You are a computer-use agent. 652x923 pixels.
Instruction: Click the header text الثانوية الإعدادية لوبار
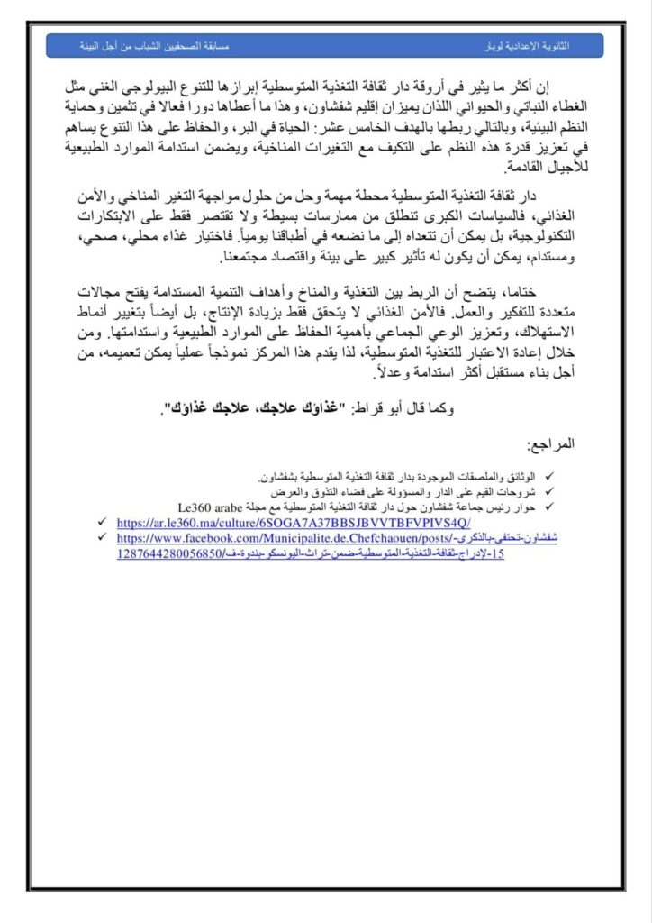coord(546,44)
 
